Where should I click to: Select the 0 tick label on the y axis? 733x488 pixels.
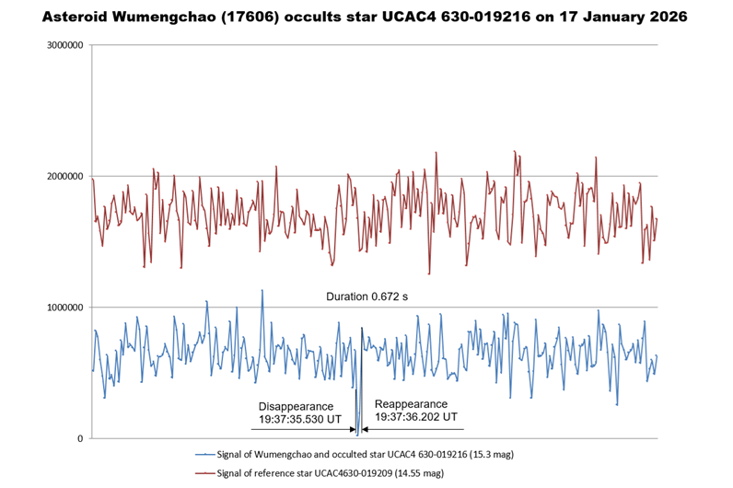click(78, 438)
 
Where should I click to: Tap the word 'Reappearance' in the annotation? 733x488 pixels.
click(411, 404)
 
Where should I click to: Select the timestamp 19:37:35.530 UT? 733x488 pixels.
click(300, 419)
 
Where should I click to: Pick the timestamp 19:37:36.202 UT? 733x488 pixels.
click(416, 417)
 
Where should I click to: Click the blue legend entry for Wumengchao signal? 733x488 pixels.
click(341, 455)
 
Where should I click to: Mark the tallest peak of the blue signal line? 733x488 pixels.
click(262, 290)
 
